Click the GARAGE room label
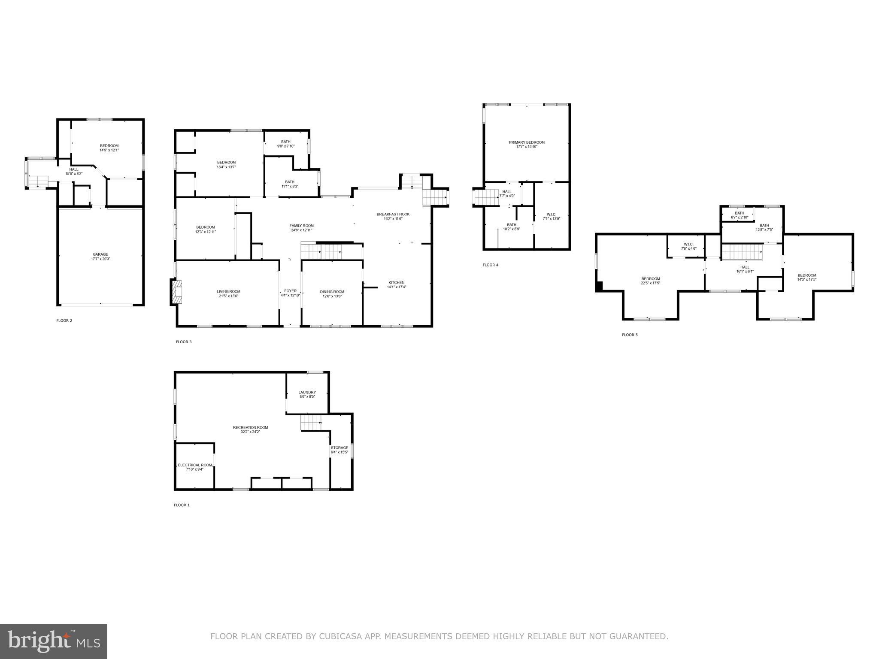101,254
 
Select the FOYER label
290,291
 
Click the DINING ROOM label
332,292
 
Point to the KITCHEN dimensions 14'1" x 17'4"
397,287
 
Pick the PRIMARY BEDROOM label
527,142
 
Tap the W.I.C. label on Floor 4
552,214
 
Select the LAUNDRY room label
307,392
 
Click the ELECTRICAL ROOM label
195,465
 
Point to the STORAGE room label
339,448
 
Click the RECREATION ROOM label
251,427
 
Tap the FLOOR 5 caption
630,335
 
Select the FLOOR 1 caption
182,505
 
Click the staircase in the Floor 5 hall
742,252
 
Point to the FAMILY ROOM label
302,226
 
